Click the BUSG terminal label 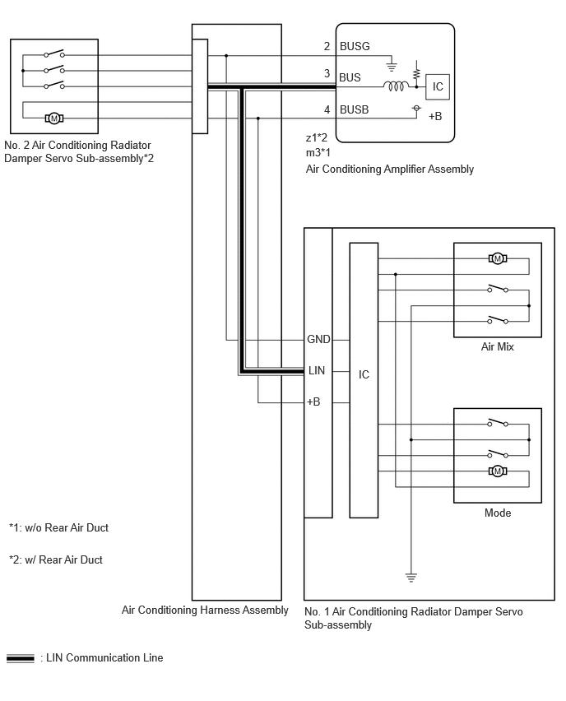click(x=355, y=46)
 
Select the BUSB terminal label click(x=354, y=109)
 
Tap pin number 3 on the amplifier click(x=327, y=73)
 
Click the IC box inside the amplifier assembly click(x=438, y=86)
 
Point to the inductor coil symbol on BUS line click(x=396, y=86)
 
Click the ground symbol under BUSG click(x=392, y=67)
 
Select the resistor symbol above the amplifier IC click(x=416, y=73)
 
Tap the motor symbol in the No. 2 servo click(x=54, y=118)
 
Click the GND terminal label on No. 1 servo click(x=318, y=339)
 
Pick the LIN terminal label click(x=317, y=370)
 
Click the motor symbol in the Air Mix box click(x=498, y=258)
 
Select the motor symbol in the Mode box click(x=498, y=471)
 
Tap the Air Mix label click(x=497, y=346)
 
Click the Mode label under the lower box click(x=498, y=513)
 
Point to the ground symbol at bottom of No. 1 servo click(x=411, y=578)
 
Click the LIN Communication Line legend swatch click(x=20, y=658)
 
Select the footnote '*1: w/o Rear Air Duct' click(x=58, y=528)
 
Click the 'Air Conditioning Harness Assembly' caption click(x=205, y=610)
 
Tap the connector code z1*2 click(x=317, y=137)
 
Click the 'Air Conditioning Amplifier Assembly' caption click(x=390, y=169)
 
